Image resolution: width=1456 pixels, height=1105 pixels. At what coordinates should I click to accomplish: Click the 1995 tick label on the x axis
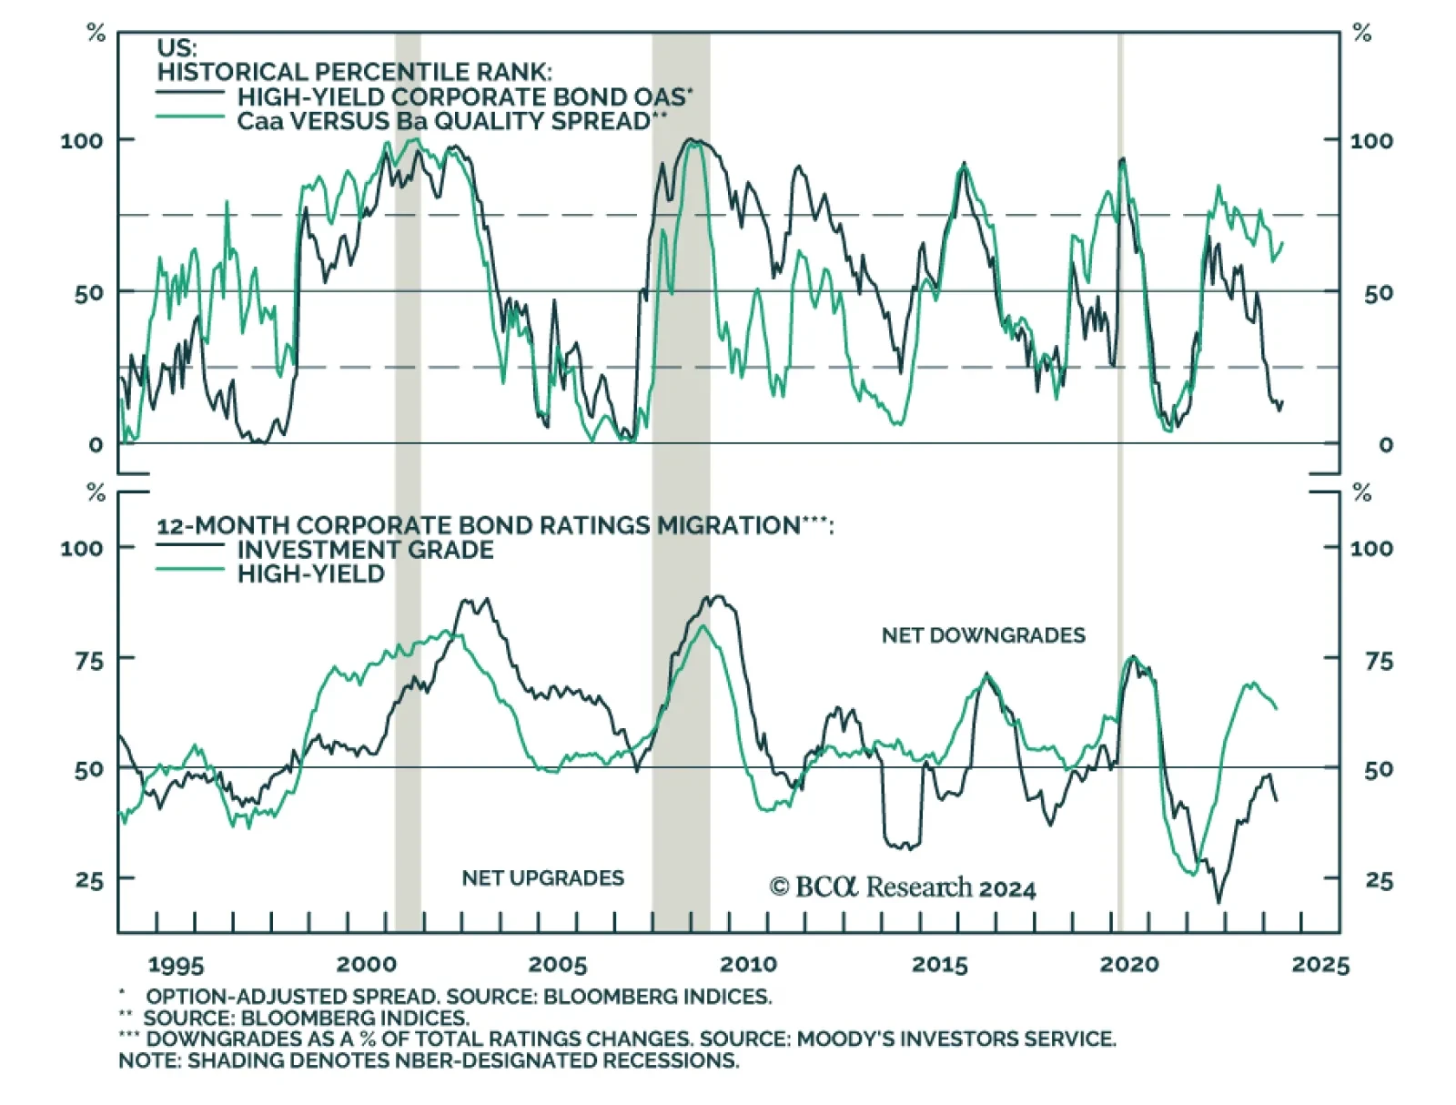click(x=176, y=965)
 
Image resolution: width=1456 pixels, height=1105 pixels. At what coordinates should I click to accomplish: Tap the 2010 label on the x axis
click(x=748, y=965)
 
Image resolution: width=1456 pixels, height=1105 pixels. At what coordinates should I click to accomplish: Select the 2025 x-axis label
click(x=1320, y=965)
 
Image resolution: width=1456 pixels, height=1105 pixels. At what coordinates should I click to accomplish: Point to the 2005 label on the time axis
click(x=558, y=965)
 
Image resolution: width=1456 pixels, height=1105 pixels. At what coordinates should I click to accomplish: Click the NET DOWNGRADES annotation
click(x=983, y=635)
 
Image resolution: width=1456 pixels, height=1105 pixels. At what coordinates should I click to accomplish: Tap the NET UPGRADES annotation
click(x=542, y=878)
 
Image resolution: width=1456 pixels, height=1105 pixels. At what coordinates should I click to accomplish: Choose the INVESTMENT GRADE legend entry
click(x=365, y=550)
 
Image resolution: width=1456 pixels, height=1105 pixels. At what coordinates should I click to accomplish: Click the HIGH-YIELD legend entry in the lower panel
click(x=310, y=574)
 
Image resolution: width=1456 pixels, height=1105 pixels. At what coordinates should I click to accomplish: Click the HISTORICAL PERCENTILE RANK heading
click(x=354, y=72)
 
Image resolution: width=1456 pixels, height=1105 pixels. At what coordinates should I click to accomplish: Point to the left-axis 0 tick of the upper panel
click(x=96, y=445)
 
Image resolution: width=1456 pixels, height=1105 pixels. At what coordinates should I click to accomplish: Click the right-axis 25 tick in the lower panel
click(x=1379, y=881)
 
